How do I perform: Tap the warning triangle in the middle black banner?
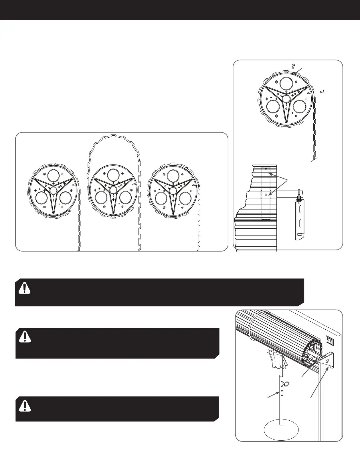(25, 337)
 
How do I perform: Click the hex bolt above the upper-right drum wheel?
(293, 66)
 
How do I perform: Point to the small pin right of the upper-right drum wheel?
(322, 92)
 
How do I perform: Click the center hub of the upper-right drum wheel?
(286, 99)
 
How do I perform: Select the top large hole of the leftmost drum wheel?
(54, 176)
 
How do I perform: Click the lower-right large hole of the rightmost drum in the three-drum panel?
(185, 198)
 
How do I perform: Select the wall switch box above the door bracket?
(330, 341)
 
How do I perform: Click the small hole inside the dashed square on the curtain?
(266, 195)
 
